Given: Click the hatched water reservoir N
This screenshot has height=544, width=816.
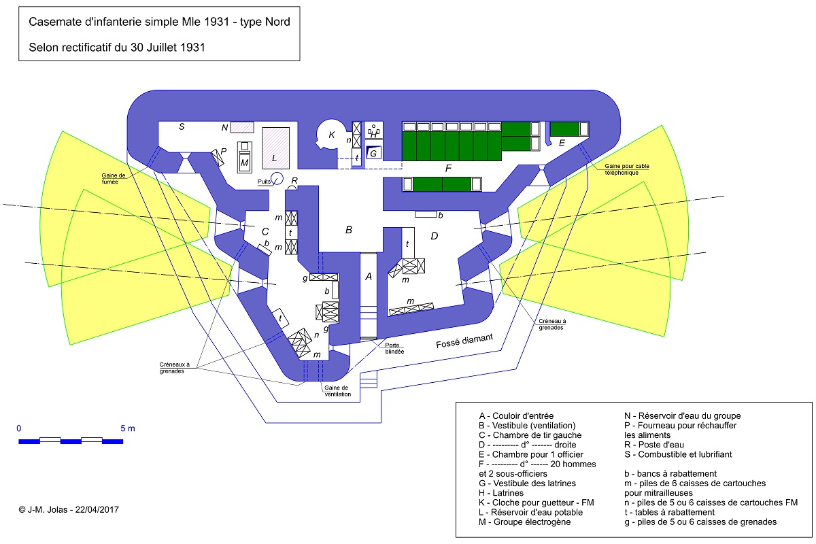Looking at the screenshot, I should pyautogui.click(x=241, y=126).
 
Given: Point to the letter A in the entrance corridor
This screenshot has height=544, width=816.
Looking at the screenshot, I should pyautogui.click(x=369, y=277).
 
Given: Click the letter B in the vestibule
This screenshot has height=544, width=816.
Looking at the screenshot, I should pyautogui.click(x=349, y=230).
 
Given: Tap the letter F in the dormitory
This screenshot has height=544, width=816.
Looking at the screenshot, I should pyautogui.click(x=448, y=167).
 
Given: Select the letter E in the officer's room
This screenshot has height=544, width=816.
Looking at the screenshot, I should pyautogui.click(x=562, y=143).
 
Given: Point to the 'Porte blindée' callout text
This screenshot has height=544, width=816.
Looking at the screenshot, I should pyautogui.click(x=395, y=348).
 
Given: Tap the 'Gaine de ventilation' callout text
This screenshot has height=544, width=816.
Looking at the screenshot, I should pyautogui.click(x=337, y=391).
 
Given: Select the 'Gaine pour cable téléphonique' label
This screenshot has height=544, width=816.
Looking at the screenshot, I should pyautogui.click(x=623, y=169).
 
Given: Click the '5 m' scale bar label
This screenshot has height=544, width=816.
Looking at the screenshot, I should pyautogui.click(x=128, y=428).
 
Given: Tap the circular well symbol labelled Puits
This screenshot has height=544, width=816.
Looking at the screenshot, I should pyautogui.click(x=277, y=178).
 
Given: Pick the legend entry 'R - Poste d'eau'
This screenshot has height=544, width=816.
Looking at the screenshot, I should pyautogui.click(x=654, y=445).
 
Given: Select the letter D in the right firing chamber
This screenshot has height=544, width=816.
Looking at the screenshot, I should pyautogui.click(x=435, y=236).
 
